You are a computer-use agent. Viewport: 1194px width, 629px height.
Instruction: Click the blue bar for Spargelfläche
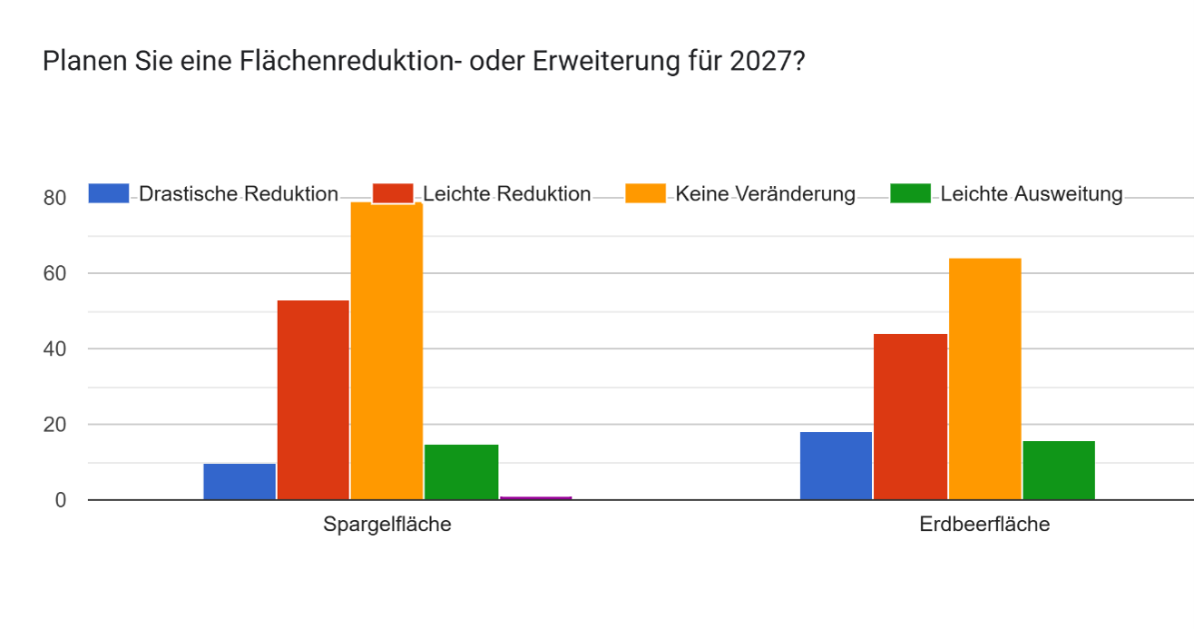point(240,481)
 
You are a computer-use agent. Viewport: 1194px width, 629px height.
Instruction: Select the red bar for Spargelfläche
point(313,399)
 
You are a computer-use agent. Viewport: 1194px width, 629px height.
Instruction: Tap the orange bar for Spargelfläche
point(387,350)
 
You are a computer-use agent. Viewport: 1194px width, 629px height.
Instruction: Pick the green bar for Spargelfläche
point(462,472)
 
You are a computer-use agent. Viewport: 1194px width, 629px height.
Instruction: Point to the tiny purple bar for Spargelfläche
point(535,498)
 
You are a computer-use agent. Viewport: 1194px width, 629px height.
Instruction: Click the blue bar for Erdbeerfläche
point(836,466)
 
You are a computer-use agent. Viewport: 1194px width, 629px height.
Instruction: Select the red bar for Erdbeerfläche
point(910,417)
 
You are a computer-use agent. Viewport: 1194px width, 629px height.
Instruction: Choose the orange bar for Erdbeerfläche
point(985,379)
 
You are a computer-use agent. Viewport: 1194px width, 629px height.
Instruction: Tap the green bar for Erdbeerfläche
point(1059,470)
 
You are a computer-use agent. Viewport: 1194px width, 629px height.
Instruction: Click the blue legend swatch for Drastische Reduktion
point(109,193)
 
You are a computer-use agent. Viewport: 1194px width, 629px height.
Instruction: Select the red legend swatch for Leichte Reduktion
point(393,193)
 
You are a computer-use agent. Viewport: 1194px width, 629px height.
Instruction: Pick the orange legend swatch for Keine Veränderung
point(645,193)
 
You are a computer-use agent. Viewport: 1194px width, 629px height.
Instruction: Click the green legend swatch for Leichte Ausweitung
point(910,193)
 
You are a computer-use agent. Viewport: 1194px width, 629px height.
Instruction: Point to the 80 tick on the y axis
point(54,198)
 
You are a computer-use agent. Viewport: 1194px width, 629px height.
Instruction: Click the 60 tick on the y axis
point(54,273)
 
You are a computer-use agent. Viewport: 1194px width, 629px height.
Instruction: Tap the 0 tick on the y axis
point(60,500)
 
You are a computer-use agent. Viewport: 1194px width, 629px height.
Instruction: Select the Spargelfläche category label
point(387,525)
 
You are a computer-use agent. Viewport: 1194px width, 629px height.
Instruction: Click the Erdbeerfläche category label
point(984,525)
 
